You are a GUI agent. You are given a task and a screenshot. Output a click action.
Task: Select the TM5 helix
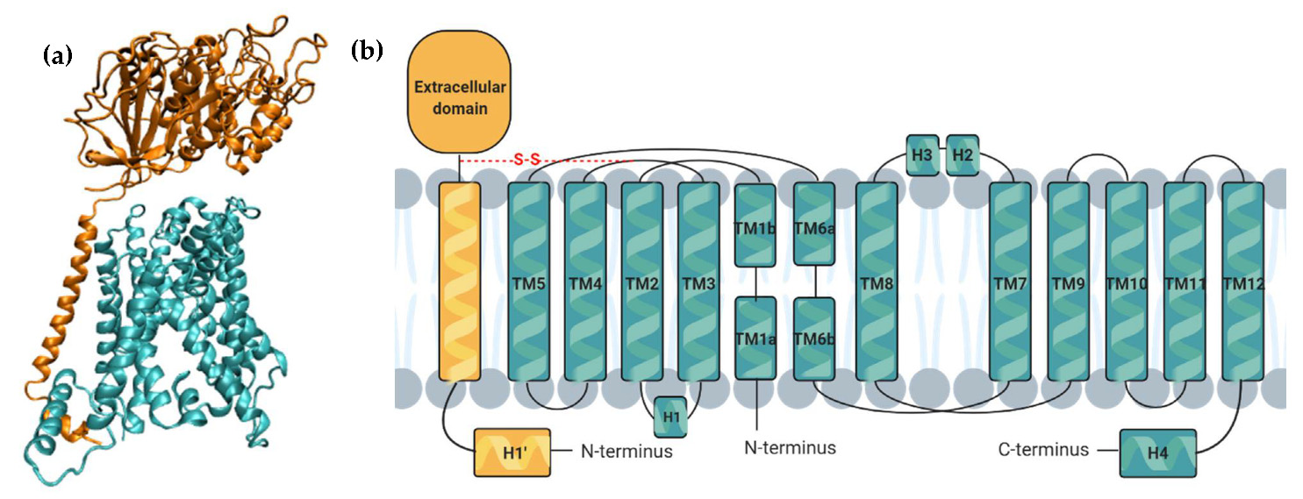[x=529, y=282]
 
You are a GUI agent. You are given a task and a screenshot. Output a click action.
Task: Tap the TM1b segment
[x=754, y=225]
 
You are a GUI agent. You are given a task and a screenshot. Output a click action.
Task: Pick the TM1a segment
[x=754, y=338]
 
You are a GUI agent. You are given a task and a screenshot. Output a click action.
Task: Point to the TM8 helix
[x=877, y=282]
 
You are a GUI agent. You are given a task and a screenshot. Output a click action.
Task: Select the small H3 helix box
[x=922, y=154]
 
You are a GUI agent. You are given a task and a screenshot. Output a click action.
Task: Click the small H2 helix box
[x=963, y=154]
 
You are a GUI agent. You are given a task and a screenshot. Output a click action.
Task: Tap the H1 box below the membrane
[x=671, y=416]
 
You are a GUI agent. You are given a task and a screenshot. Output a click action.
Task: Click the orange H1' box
[x=512, y=453]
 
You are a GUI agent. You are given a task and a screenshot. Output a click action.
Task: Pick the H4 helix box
[x=1158, y=453]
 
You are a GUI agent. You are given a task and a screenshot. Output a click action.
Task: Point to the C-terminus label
[x=1043, y=450]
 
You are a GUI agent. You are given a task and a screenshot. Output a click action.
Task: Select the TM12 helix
[x=1242, y=282]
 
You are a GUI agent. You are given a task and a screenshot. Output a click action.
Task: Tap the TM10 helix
[x=1127, y=282]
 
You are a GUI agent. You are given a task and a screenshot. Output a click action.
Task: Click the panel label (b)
[x=366, y=50]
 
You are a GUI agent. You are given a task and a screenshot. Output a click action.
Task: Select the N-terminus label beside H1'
[x=626, y=452]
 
